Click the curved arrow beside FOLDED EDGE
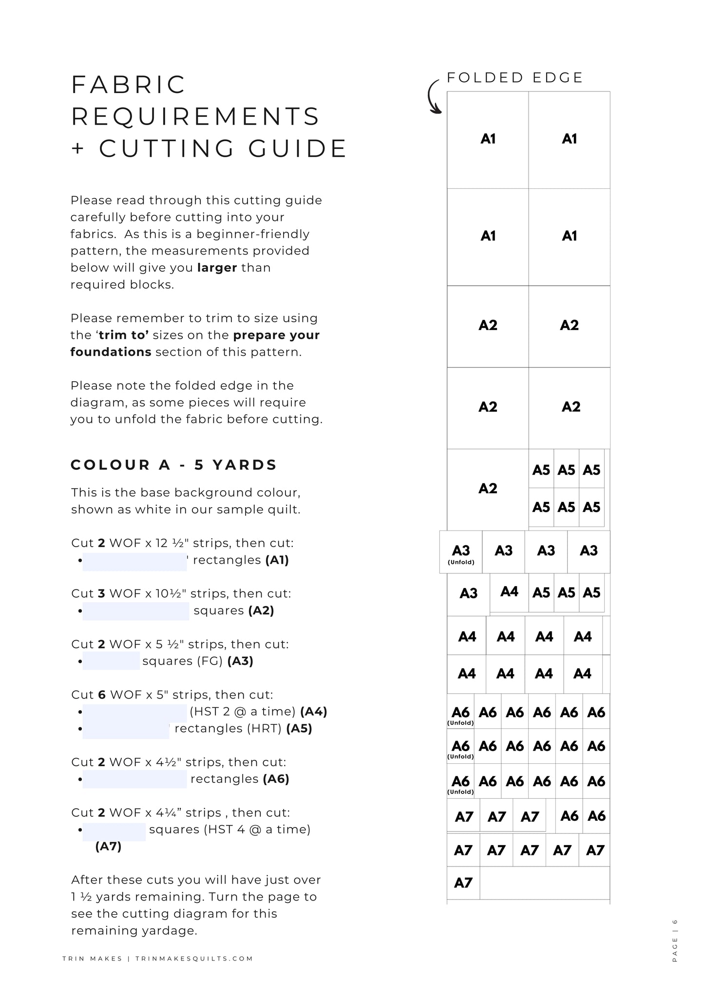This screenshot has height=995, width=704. tap(433, 98)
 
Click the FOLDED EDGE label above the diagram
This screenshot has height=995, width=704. tap(514, 78)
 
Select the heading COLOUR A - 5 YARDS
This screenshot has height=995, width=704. tap(174, 465)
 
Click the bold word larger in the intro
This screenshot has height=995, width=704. tap(217, 268)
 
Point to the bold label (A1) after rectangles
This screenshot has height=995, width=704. tap(277, 560)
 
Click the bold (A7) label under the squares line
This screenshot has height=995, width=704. tap(108, 847)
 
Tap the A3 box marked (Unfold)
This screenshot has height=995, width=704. tap(461, 553)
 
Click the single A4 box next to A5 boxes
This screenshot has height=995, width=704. tap(509, 592)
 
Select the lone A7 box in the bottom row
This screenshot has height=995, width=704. tap(463, 883)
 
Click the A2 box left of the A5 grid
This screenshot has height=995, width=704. tap(488, 489)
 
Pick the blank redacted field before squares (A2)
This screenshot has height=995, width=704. tap(136, 611)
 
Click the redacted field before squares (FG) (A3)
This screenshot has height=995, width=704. tap(111, 661)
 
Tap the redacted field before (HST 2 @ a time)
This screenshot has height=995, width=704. tap(135, 712)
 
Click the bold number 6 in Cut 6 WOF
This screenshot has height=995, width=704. tap(102, 695)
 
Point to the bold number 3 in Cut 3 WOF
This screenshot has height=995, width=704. tap(101, 594)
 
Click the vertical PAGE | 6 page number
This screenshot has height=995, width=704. tap(675, 940)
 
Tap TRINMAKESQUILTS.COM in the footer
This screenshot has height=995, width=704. tap(194, 958)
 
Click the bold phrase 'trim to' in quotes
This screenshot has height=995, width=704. tap(124, 335)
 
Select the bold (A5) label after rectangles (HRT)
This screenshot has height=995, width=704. tap(299, 729)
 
